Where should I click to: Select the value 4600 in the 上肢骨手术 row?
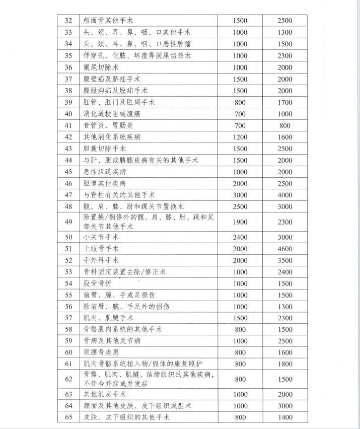click(x=284, y=249)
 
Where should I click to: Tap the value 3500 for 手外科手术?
click(x=284, y=260)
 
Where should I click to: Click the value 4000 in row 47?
click(x=284, y=195)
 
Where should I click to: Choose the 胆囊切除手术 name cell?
click(x=105, y=149)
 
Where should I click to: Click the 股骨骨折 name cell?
click(x=98, y=283)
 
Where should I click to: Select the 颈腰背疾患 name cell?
click(x=101, y=352)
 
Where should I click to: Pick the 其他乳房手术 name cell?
click(x=105, y=394)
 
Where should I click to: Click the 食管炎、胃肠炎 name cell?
click(x=108, y=125)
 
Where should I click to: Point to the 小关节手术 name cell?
click(x=101, y=237)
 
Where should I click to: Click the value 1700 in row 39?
click(x=284, y=102)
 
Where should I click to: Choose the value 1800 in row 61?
click(x=284, y=364)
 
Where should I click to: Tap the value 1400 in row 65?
click(x=284, y=417)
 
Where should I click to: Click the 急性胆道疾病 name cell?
click(x=105, y=172)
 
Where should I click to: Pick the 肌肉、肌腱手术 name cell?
click(x=108, y=318)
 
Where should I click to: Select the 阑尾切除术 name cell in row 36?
click(x=101, y=67)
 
